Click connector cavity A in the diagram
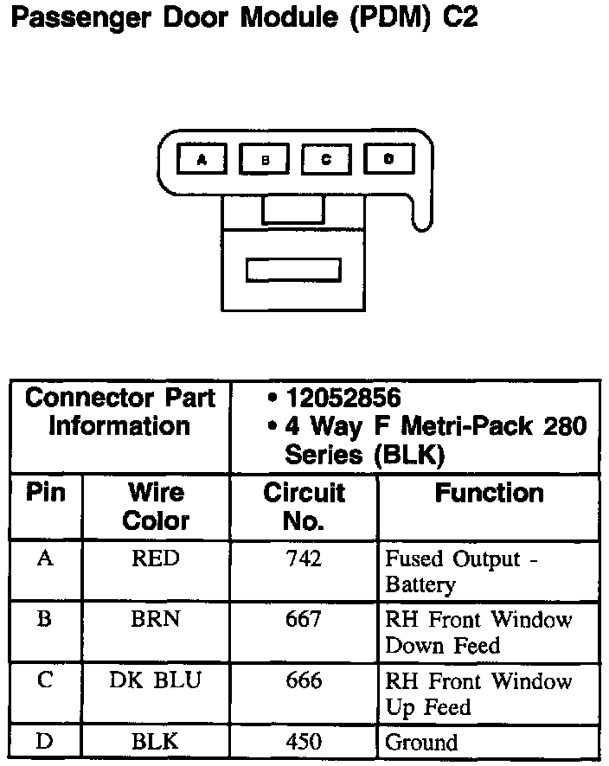[202, 159]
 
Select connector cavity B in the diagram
[265, 159]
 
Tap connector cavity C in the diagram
[326, 159]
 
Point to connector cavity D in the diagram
[388, 159]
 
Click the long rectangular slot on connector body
[293, 269]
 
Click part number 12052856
[343, 399]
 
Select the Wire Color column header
[156, 507]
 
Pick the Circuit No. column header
[304, 507]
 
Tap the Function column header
[489, 494]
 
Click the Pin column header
[46, 493]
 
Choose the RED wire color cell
[156, 559]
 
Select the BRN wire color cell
[156, 620]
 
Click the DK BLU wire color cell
[156, 680]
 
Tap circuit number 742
[304, 559]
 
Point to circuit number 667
[304, 620]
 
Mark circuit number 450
[304, 742]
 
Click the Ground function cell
[421, 743]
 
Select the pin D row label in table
[45, 741]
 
